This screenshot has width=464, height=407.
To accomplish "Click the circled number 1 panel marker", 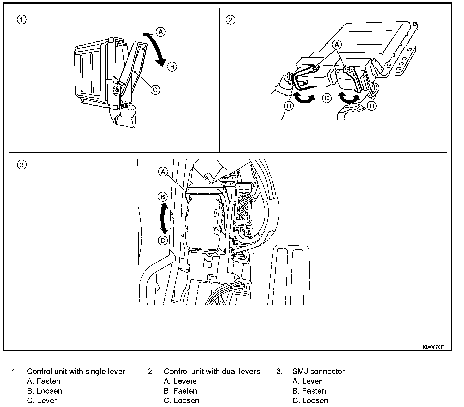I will pos(22,20).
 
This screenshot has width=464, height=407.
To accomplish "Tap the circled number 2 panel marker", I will pos(230,20).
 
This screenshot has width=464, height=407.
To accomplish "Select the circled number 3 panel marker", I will pos(22,165).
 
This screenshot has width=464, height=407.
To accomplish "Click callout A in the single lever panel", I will pos(161,32).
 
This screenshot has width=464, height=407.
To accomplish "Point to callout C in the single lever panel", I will pos(155,89).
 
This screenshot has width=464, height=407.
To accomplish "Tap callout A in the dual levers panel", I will pos(337,44).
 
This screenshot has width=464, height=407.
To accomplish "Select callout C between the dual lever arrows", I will pos(327,98).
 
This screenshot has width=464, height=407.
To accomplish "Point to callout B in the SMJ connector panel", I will pos(163,197).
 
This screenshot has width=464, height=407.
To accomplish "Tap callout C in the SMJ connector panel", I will pos(163,240).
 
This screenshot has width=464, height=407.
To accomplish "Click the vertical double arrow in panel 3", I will pos(163,219).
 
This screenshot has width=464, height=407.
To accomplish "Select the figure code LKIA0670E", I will pos(432,347).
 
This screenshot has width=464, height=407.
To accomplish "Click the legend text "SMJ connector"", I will pos(318,371).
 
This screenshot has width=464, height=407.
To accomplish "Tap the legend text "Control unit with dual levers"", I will pos(212,371).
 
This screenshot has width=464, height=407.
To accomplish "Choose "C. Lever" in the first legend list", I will pos(42,401).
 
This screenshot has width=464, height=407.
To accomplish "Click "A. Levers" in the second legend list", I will pos(180,381).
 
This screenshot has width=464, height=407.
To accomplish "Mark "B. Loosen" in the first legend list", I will pos(45,391).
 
